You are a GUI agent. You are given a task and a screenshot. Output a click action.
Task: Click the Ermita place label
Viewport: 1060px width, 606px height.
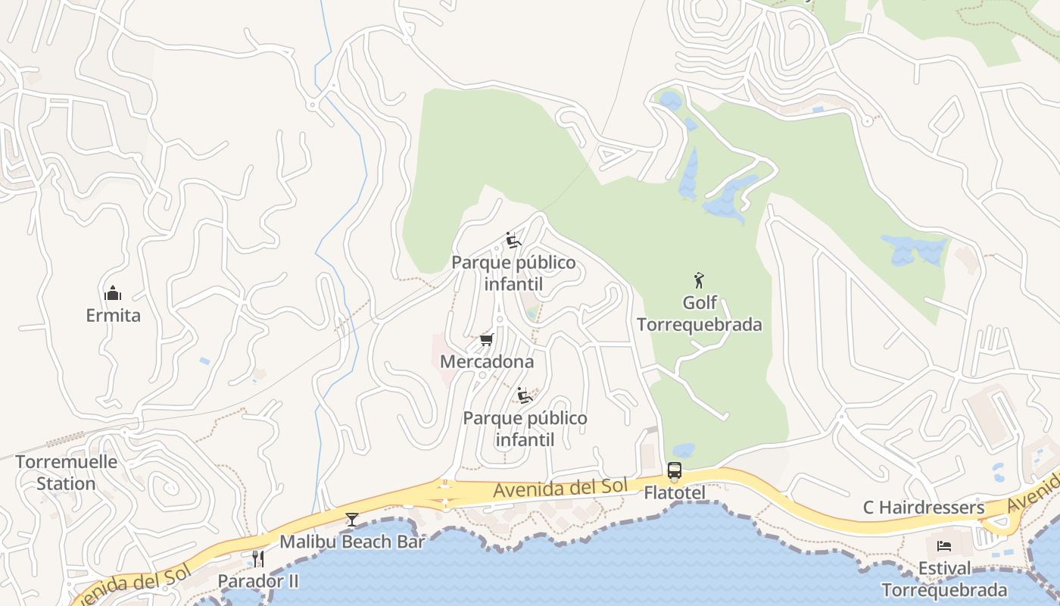(113, 315)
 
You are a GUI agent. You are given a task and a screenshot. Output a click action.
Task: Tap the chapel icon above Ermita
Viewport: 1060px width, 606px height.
(113, 293)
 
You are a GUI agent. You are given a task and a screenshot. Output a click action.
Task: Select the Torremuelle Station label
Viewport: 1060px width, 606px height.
(66, 473)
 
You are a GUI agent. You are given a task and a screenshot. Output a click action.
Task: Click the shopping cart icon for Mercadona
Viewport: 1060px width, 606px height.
(487, 339)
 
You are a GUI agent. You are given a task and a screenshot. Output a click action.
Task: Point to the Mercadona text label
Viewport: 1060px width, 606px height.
(487, 361)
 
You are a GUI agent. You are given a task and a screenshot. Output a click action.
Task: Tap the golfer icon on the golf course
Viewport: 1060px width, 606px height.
(699, 280)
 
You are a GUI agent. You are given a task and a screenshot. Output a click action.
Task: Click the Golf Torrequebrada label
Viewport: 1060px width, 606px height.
(699, 314)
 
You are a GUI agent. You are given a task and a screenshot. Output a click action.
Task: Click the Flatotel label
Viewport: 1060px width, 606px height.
(674, 493)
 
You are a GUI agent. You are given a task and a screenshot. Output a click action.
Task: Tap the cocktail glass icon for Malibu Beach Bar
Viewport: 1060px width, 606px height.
(352, 520)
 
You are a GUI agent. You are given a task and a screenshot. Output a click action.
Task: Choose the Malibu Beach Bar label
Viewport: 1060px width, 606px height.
(352, 542)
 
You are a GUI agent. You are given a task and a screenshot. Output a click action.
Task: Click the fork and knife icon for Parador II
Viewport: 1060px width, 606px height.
(258, 559)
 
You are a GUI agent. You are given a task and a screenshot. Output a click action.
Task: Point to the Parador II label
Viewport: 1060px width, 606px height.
(258, 581)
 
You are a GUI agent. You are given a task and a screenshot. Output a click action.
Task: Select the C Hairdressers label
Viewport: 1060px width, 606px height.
(924, 508)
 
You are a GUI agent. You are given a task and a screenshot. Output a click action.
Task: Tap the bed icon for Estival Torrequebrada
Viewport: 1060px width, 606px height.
(944, 545)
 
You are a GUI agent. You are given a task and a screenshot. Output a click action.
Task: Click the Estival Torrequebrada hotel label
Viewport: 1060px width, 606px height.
(944, 579)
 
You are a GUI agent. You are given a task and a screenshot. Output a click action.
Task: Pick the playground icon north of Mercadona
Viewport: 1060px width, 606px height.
(513, 240)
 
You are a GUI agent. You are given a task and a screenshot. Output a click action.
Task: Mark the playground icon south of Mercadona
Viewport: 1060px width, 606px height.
(524, 395)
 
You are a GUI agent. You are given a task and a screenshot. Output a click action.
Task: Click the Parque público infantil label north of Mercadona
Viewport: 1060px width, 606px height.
(513, 273)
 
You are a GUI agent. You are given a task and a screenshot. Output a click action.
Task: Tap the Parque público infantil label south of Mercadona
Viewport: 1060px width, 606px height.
(525, 429)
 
